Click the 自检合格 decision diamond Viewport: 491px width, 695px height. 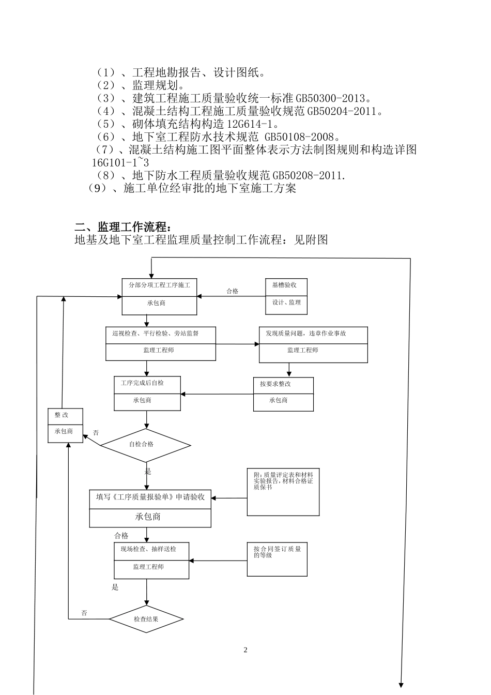(x=145, y=445)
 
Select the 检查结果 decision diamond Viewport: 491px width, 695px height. (x=146, y=619)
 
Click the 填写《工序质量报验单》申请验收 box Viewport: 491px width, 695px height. (x=150, y=507)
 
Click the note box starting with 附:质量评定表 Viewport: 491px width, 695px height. (x=283, y=492)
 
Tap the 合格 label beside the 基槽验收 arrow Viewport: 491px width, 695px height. (x=233, y=291)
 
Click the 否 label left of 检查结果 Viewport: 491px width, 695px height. (x=84, y=613)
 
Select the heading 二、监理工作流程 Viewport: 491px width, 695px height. (x=122, y=227)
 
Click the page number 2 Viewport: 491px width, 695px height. (x=245, y=650)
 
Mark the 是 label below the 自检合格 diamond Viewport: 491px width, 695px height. (x=148, y=471)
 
